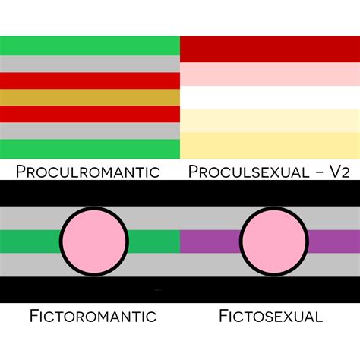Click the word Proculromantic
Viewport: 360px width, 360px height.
click(88, 172)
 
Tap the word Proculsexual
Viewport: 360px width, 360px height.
click(248, 172)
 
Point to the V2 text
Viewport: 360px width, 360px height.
click(340, 172)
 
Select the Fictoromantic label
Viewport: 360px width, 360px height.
click(93, 316)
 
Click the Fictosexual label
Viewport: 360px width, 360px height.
click(270, 316)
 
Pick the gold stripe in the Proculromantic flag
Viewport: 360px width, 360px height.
click(90, 97)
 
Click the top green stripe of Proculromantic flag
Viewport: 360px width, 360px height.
click(90, 46)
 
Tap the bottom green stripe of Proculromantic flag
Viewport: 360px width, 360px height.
click(90, 149)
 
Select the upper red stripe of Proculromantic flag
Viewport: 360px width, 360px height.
click(90, 81)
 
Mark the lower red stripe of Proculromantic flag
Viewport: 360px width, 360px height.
click(90, 114)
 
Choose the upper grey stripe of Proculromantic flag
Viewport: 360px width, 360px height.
click(90, 64)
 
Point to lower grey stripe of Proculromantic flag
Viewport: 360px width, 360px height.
click(90, 131)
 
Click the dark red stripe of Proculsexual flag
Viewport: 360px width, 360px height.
click(270, 49)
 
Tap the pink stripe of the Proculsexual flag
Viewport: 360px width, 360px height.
click(270, 74)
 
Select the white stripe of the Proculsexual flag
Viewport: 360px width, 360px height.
click(270, 97)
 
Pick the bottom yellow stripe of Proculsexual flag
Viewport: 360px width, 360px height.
click(270, 146)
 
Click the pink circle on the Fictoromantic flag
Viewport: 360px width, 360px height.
click(94, 242)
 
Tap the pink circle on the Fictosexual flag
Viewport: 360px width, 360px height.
click(274, 242)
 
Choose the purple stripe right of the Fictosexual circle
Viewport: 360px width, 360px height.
click(334, 242)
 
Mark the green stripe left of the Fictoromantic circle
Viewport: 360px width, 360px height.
click(30, 242)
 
